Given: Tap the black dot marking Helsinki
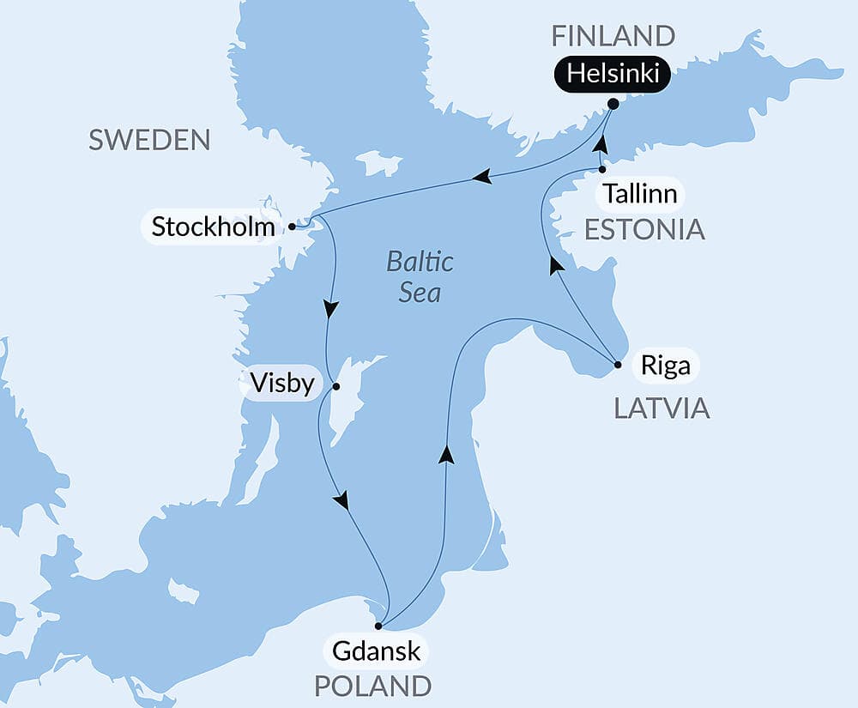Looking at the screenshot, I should pyautogui.click(x=613, y=104).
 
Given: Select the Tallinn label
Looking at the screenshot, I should pyautogui.click(x=639, y=194).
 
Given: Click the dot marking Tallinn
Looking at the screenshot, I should pyautogui.click(x=602, y=170).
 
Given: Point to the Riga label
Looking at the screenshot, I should pyautogui.click(x=665, y=366).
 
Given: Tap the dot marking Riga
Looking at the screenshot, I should pyautogui.click(x=618, y=365).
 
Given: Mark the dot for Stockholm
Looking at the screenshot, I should pyautogui.click(x=292, y=227).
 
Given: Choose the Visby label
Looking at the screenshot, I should pyautogui.click(x=282, y=383).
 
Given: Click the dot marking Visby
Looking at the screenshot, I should pyautogui.click(x=336, y=386).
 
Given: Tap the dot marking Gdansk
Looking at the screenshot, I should pyautogui.click(x=378, y=626).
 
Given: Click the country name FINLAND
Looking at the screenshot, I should pyautogui.click(x=613, y=36).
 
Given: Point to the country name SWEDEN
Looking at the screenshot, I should pyautogui.click(x=149, y=140).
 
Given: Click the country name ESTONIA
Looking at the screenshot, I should pyautogui.click(x=643, y=229).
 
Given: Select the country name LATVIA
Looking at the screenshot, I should pyautogui.click(x=662, y=408).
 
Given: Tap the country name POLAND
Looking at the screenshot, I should pyautogui.click(x=372, y=686).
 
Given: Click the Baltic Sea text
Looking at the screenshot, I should pyautogui.click(x=420, y=276).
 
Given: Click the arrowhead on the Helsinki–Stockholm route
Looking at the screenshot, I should pyautogui.click(x=482, y=177).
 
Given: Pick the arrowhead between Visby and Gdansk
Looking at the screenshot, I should pyautogui.click(x=342, y=499).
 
